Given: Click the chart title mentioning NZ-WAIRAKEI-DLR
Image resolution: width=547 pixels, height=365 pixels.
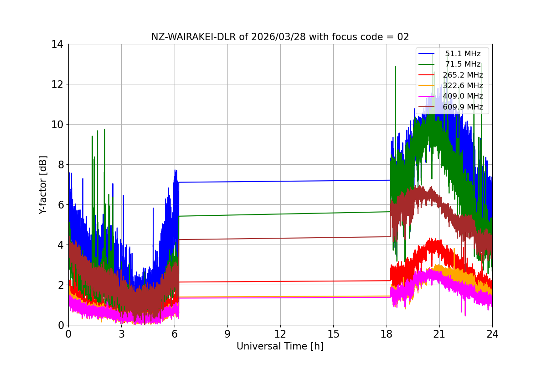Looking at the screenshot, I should click(280, 37).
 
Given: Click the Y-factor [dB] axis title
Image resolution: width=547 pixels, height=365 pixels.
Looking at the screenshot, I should click(43, 185).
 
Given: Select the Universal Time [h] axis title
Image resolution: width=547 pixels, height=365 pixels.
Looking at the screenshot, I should click(280, 346).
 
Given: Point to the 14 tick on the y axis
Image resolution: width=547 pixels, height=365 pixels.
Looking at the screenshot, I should click(57, 44).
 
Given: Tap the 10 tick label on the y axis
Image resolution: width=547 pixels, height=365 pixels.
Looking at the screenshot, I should click(57, 125).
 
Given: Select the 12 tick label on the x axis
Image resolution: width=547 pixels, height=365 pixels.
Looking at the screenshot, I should click(280, 334).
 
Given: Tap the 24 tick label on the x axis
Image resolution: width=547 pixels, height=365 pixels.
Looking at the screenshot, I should click(492, 334).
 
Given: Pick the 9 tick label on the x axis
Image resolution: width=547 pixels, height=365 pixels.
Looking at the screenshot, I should click(227, 334).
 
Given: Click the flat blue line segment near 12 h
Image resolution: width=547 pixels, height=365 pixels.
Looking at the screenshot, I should click(280, 181).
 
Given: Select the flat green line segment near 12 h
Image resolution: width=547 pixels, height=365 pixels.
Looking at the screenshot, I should click(280, 214).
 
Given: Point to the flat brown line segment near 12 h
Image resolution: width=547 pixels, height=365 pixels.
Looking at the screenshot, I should click(280, 238).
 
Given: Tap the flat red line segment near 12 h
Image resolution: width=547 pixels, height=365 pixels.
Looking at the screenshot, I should click(280, 282).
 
